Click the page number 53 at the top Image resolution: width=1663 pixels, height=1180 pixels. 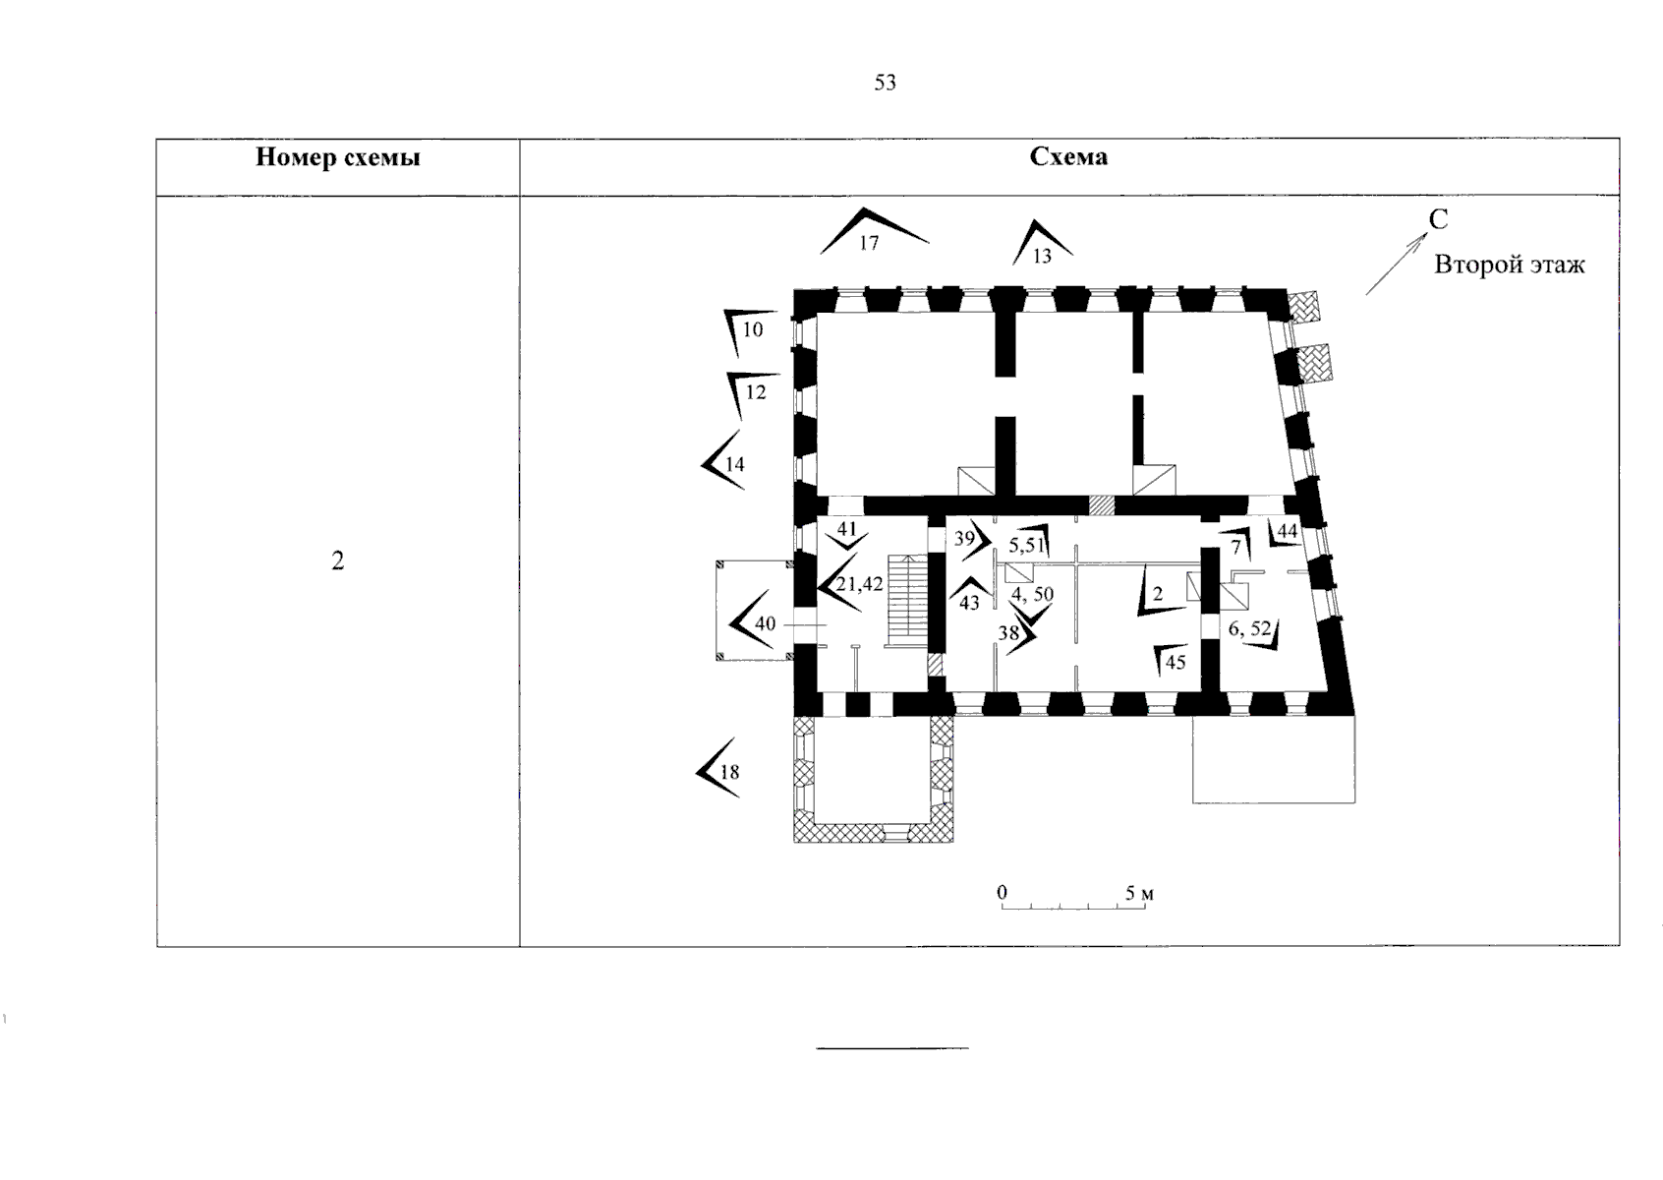coord(885,83)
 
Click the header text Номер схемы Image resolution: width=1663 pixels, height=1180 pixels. coord(338,157)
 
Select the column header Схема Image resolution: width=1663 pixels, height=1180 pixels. coord(1068,156)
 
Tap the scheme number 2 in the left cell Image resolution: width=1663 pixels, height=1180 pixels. coord(338,560)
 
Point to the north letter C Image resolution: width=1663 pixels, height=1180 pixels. coord(1438,219)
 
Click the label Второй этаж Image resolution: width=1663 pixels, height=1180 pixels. coord(1510,265)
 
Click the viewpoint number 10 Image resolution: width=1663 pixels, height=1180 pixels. coord(752,329)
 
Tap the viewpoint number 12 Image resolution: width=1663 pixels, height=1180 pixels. coord(755,392)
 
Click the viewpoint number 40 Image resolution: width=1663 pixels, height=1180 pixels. coord(765,623)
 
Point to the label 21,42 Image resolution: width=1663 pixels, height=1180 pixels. coord(859,584)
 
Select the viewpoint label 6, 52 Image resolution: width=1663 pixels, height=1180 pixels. coord(1249,629)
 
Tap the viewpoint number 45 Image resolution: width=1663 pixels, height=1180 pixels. coord(1176,662)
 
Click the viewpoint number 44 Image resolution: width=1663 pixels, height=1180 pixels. coord(1287,531)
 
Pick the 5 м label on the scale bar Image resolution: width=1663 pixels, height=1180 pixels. coord(1139,893)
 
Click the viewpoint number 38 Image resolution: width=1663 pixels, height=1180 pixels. coord(1008,632)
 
